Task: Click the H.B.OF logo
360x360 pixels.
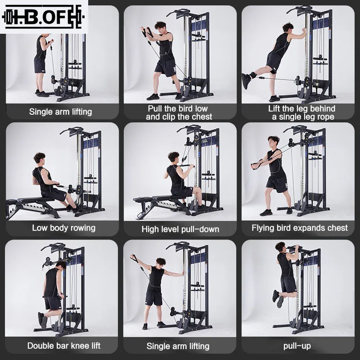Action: pyautogui.click(x=44, y=17)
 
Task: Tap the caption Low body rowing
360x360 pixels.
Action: pyautogui.click(x=63, y=228)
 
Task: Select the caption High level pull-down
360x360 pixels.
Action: pyautogui.click(x=180, y=229)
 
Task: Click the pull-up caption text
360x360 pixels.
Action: pyautogui.click(x=297, y=346)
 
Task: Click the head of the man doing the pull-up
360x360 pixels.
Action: pyautogui.click(x=281, y=247)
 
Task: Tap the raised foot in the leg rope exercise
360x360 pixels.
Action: pyautogui.click(x=246, y=80)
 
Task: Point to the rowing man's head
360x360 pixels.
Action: pyautogui.click(x=40, y=158)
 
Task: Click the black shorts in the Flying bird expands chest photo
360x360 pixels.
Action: pyautogui.click(x=276, y=183)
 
